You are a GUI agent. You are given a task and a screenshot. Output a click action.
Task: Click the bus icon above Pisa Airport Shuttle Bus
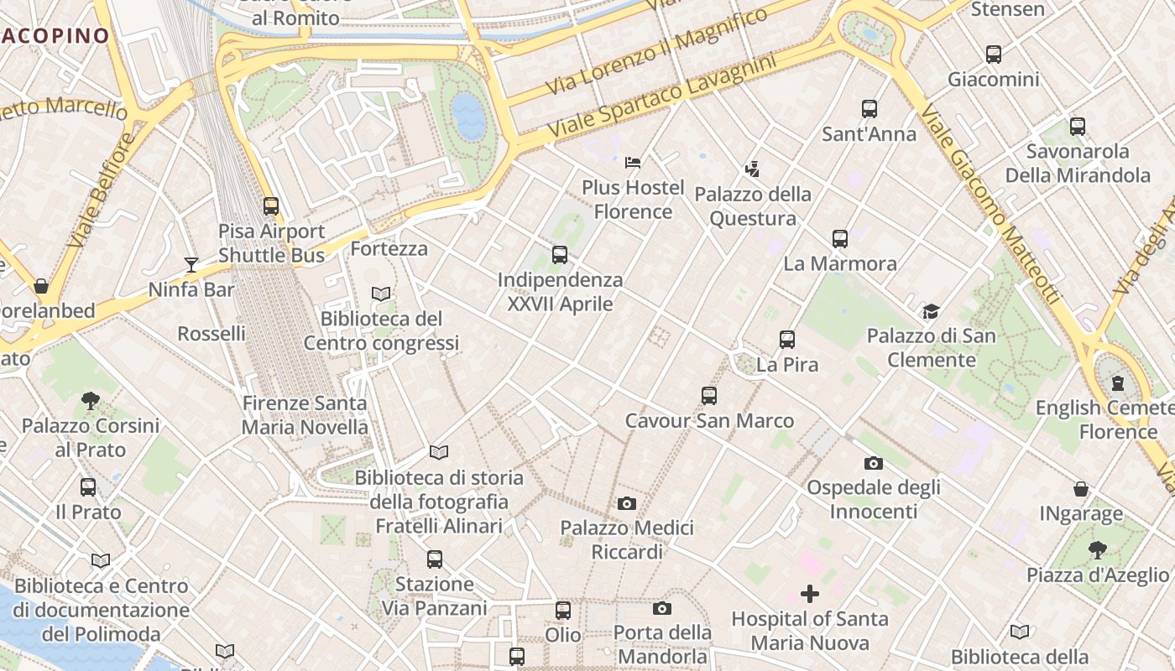pos(270,206)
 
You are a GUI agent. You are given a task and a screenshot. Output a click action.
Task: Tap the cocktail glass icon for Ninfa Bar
pos(191,265)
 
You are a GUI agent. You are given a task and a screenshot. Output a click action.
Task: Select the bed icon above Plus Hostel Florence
pos(633,162)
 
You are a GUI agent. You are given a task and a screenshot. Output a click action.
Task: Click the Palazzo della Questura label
pos(753,206)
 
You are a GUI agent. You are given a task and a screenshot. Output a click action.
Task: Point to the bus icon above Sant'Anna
pos(869,109)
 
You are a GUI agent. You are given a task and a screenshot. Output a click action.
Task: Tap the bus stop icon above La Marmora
pos(839,239)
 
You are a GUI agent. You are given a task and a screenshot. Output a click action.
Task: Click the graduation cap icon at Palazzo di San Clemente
pos(931,312)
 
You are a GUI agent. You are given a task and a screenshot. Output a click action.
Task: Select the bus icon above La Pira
pos(786,340)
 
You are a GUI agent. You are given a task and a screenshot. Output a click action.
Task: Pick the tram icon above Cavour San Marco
pos(709,396)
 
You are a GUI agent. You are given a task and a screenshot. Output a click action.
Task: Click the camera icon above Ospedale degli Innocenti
pos(873,463)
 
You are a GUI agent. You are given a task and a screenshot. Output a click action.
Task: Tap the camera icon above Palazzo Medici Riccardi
pos(626,503)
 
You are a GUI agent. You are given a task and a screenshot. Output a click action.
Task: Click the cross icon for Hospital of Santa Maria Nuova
pos(809,595)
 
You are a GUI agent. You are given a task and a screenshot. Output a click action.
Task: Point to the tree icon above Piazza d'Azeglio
pos(1097,550)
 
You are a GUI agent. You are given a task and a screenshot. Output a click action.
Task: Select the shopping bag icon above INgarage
pos(1081,489)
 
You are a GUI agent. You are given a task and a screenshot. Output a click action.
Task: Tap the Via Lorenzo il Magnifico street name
pos(656,51)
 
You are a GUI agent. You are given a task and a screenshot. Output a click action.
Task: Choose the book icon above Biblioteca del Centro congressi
pos(381,294)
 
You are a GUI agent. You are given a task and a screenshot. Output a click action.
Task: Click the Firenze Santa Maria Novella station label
pos(305,415)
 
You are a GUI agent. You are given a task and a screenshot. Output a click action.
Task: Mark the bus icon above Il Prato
pos(88,487)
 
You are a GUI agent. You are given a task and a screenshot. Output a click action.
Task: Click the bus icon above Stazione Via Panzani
pos(434,559)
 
